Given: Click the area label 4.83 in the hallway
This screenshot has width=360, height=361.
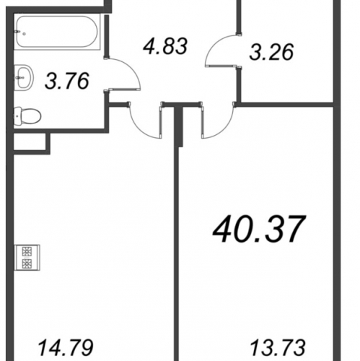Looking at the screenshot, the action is (x=165, y=46).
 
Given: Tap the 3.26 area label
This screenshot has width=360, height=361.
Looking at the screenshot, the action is (x=271, y=52).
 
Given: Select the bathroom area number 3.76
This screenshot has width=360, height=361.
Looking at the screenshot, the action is (x=67, y=81).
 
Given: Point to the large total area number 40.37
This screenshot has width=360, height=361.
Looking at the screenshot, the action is (x=259, y=229).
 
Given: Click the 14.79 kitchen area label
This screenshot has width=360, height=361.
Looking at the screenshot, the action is (x=66, y=347).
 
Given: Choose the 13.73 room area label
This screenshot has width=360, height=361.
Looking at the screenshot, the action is (x=278, y=347).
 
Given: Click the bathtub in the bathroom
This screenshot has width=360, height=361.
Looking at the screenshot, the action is (x=57, y=32).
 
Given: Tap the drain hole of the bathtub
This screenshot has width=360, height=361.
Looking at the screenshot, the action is (x=24, y=34).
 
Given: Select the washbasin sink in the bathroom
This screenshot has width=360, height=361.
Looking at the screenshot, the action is (x=24, y=77).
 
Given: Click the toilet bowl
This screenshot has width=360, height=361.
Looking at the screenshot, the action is (x=30, y=116).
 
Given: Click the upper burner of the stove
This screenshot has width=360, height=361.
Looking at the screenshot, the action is (x=27, y=252).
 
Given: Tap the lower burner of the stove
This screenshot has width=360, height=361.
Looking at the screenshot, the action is (x=27, y=264).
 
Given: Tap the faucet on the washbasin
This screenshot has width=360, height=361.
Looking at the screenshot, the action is (x=18, y=77).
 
